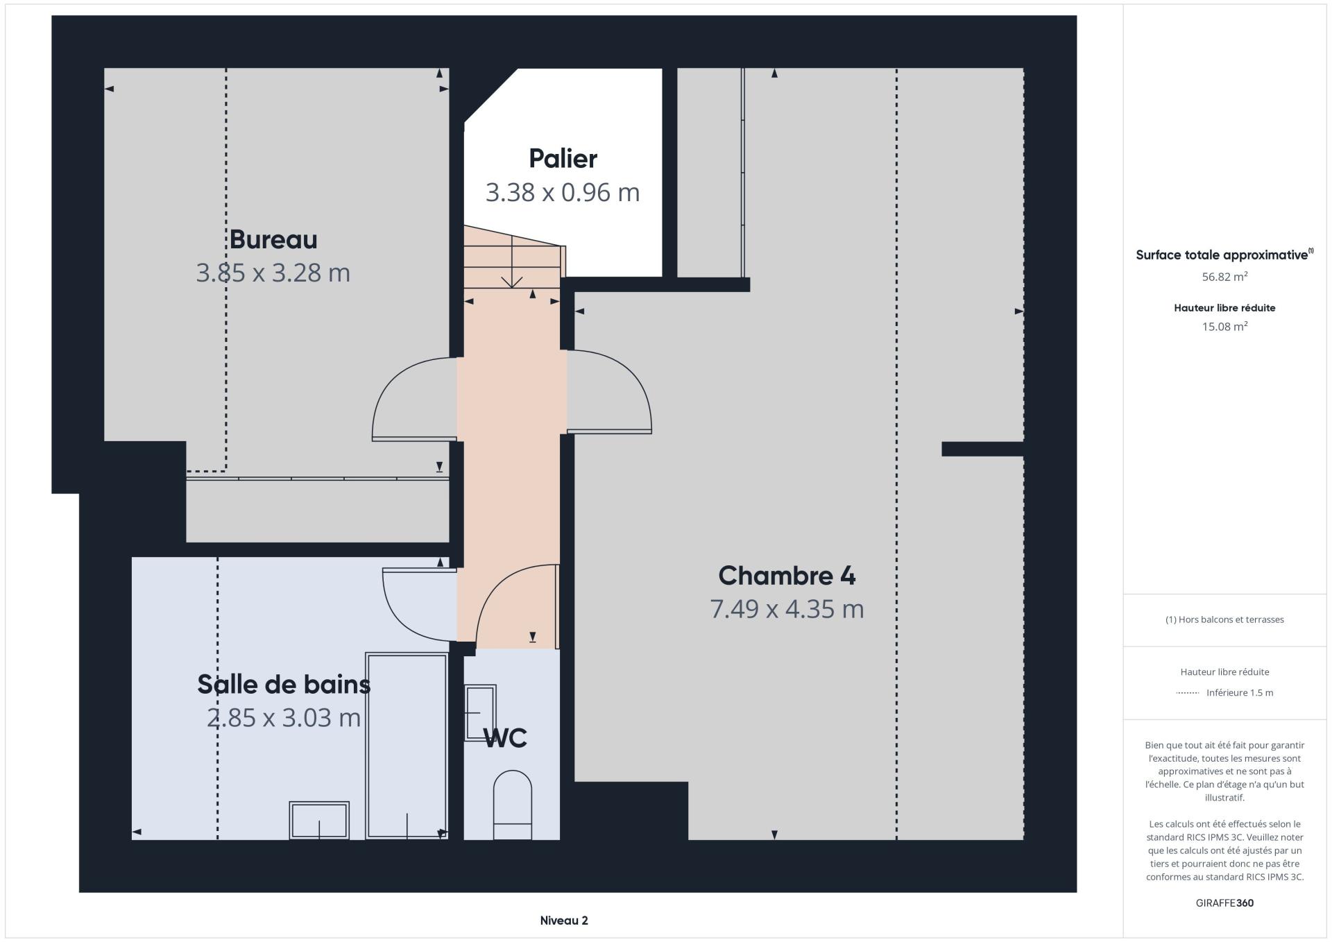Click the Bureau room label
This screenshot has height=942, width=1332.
tap(273, 239)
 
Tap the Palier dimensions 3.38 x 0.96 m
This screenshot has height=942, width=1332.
tap(563, 192)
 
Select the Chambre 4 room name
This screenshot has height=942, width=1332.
tap(787, 575)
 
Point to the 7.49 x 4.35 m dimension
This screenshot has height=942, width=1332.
tap(787, 609)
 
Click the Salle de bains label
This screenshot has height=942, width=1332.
tap(284, 684)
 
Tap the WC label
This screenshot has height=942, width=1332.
tap(506, 738)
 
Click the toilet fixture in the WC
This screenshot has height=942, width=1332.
tap(512, 805)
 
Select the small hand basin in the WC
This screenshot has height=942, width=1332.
tap(480, 713)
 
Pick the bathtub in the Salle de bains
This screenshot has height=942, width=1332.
tap(407, 746)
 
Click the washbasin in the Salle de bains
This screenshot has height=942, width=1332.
tap(319, 820)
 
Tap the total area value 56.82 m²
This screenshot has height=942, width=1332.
tap(1224, 277)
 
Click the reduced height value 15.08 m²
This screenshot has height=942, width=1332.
tap(1224, 327)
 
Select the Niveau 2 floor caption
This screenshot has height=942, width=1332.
tap(564, 920)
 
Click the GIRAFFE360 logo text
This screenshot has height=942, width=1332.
tap(1224, 903)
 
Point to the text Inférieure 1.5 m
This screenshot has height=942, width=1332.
tap(1240, 692)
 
